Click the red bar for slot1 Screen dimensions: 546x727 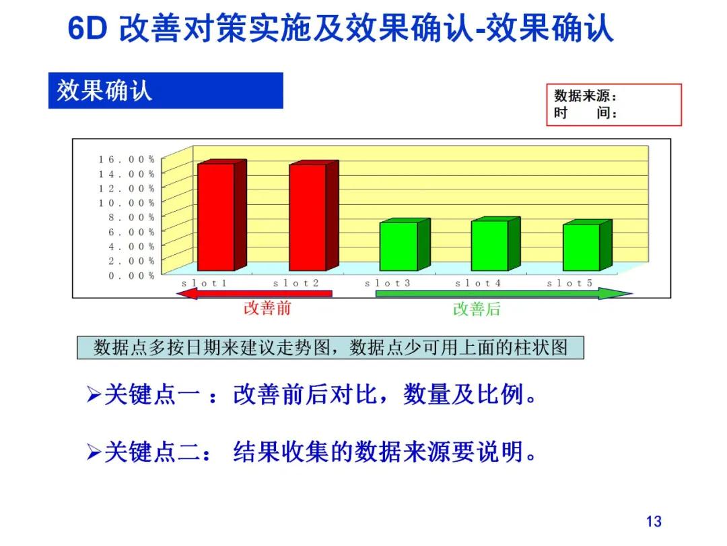[x=215, y=217]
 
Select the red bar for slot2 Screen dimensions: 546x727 [x=308, y=217]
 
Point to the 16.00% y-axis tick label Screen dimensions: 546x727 [x=127, y=159]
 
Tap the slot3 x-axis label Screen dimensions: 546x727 [x=388, y=283]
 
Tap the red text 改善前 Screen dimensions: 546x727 [x=267, y=309]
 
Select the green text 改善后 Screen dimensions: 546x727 [x=477, y=309]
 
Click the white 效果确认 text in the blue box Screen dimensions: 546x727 [x=104, y=91]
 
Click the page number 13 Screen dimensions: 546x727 [x=653, y=521]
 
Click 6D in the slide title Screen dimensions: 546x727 [x=88, y=29]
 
